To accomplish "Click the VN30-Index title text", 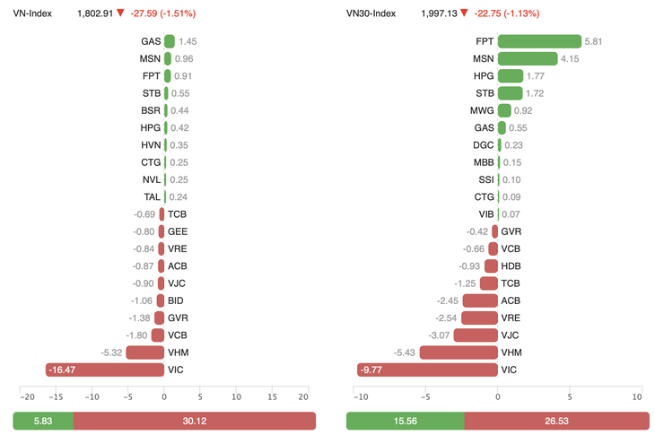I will pos(371,13).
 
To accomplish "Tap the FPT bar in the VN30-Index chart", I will pos(539,41).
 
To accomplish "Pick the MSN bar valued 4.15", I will pos(527,59).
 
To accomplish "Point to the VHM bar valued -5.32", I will pos(144,352).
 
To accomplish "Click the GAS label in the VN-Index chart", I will pos(151,42).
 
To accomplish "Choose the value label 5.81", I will pos(594,42).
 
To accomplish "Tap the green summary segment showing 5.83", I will pos(43,421).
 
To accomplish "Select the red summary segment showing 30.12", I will pos(194,421).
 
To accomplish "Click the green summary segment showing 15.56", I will pos(405,421).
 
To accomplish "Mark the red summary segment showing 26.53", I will pos(556,421).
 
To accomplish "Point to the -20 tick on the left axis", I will pos(27,396).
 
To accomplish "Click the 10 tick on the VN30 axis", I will pos(636,396).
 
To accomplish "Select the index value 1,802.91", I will pos(95,13).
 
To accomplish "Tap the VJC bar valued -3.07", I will pos(476,335).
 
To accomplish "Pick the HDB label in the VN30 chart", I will pos(511,266).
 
